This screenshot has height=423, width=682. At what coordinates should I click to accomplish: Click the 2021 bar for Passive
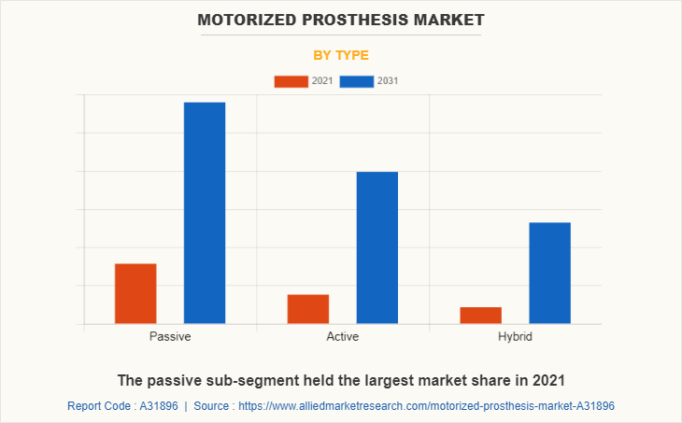[x=135, y=293]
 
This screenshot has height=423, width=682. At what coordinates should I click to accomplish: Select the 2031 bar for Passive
[x=205, y=213]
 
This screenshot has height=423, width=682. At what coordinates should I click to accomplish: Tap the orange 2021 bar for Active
[x=308, y=309]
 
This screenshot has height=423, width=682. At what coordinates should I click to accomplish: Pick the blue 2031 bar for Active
[x=377, y=247]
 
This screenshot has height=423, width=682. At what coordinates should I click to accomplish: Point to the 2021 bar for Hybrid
[x=481, y=315]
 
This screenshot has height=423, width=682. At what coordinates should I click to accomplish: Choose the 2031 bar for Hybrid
[x=549, y=273]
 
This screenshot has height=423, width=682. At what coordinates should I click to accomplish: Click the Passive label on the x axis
[x=170, y=336]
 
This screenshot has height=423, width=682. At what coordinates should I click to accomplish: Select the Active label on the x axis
[x=343, y=336]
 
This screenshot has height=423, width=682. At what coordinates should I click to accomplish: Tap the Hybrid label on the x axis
[x=515, y=336]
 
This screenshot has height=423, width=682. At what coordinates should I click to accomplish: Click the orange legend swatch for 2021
[x=291, y=81]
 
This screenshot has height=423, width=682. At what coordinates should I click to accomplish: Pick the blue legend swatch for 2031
[x=357, y=81]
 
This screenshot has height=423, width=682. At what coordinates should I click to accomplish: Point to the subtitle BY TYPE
[x=341, y=55]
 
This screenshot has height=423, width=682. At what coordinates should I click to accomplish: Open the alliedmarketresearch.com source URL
[x=427, y=406]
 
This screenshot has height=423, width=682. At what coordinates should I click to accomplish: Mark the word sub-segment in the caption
[x=248, y=380]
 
